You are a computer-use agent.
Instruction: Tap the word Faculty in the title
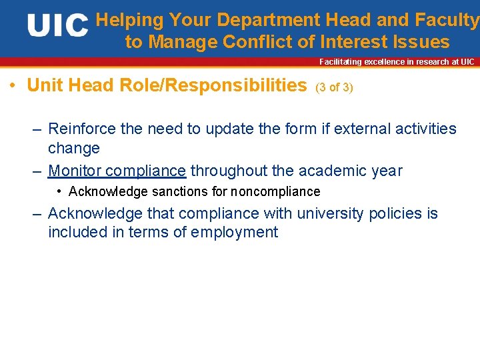(447, 21)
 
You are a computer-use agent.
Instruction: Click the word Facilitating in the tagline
(340, 62)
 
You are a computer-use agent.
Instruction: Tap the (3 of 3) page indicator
(334, 87)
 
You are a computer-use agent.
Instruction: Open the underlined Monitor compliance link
(117, 171)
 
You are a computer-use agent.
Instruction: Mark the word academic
(333, 171)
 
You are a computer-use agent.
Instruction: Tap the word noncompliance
(275, 192)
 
